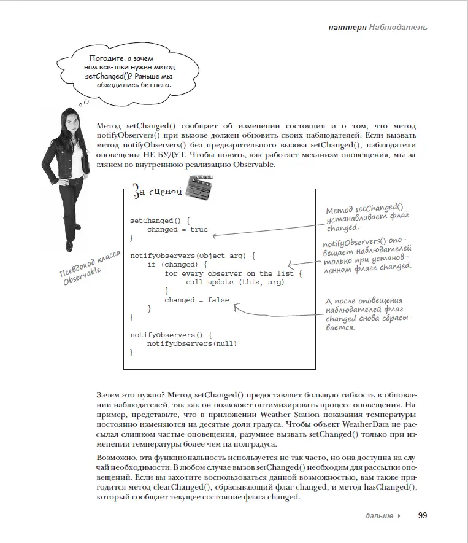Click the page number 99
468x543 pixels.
click(422, 515)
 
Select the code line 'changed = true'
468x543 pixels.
click(177, 229)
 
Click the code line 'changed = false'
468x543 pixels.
click(196, 300)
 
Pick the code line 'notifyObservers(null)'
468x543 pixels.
click(191, 343)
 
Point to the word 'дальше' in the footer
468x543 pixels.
click(379, 516)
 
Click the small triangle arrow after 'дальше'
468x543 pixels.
click(399, 516)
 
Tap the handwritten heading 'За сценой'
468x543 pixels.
click(158, 192)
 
